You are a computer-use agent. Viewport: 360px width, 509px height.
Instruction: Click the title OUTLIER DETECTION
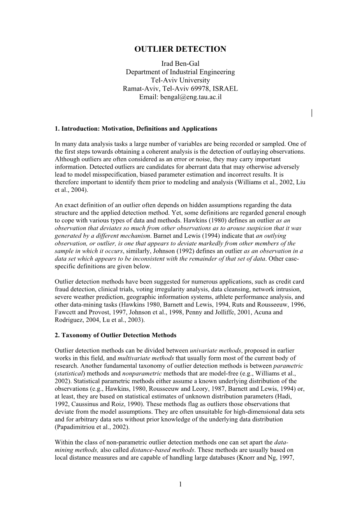coord(180,49)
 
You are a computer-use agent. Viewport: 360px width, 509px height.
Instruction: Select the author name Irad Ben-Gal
coord(180,64)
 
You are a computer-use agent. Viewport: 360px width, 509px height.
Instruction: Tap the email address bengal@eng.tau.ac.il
coord(191,97)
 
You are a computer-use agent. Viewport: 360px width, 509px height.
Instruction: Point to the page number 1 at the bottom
coord(180,484)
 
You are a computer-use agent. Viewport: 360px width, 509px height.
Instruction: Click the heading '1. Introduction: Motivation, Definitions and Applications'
coord(136,129)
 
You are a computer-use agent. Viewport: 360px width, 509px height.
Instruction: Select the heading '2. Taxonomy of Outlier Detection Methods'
coord(116,335)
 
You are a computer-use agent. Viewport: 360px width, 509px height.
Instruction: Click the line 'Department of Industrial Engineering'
coord(180,72)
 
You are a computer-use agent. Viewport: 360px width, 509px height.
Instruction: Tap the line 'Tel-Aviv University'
coord(180,80)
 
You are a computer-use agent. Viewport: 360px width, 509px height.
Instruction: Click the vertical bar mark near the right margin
coord(312,113)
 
